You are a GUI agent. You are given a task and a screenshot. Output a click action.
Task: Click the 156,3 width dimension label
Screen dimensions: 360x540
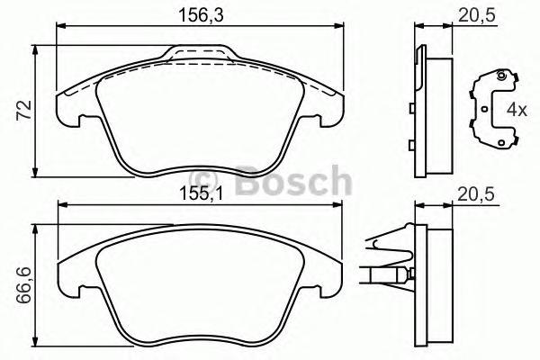(x=200, y=14)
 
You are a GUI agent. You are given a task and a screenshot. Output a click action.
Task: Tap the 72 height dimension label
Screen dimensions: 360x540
(x=25, y=109)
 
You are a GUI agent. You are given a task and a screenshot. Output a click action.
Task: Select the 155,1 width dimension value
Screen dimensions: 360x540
(x=200, y=192)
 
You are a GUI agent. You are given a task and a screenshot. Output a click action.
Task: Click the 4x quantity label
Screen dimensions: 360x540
(x=515, y=111)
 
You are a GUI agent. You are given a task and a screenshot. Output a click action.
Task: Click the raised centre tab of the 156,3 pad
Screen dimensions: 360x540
(x=200, y=56)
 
